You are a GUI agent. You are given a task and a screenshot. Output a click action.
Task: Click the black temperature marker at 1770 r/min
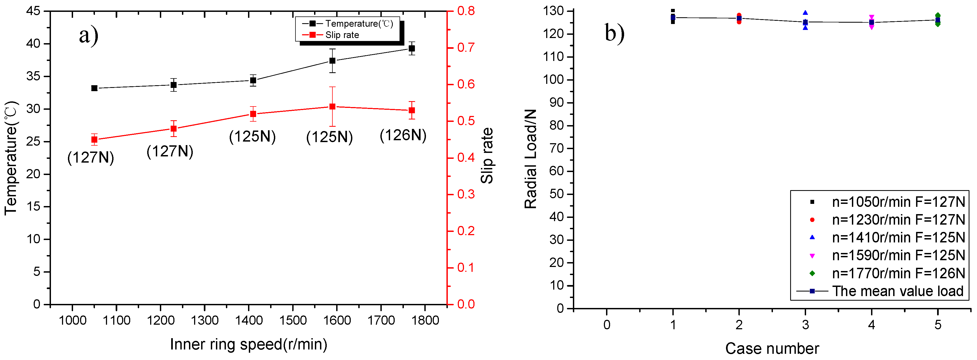pos(411,48)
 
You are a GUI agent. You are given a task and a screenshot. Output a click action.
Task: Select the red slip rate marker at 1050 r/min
pos(94,140)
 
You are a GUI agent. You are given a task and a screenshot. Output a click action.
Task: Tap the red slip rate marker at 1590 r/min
pos(332,107)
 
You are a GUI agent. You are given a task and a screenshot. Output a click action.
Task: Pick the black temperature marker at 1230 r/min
pos(173,85)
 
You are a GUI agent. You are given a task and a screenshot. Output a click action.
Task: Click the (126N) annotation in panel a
pos(403,135)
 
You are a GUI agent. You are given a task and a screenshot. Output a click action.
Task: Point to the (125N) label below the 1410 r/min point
pos(252,136)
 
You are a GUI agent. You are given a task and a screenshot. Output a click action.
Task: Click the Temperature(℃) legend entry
pos(358,23)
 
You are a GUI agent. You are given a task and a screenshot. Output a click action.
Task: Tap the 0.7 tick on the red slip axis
pos(466,47)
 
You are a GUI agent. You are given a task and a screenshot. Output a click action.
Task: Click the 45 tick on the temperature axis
pos(33,11)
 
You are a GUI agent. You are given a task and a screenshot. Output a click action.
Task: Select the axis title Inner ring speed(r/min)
pos(248,344)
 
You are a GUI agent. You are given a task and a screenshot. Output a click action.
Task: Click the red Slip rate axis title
pos(487,156)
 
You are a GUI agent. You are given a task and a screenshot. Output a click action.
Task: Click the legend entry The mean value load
pos(897,291)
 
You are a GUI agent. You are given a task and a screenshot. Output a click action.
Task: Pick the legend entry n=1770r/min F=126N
pos(898,273)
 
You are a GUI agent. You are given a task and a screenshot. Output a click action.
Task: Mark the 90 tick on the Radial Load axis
pos(556,103)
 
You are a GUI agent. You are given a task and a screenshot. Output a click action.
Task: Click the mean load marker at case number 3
pos(805,22)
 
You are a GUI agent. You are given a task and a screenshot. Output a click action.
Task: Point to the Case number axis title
pos(772,348)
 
